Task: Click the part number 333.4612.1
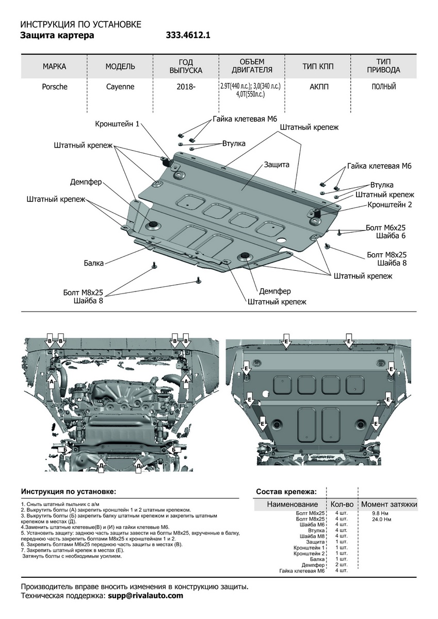(188, 36)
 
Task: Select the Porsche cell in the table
(54, 87)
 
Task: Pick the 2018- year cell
(186, 87)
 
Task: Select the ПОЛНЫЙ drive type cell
(384, 87)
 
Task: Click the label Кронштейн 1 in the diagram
(117, 124)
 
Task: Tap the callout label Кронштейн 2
(390, 204)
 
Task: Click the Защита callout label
(277, 165)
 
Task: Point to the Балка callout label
(94, 263)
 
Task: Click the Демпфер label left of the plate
(86, 182)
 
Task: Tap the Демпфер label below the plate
(274, 291)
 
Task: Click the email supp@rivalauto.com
(145, 596)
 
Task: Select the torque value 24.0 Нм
(381, 519)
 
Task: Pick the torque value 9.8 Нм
(380, 514)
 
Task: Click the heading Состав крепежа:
(286, 492)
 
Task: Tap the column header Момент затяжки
(389, 504)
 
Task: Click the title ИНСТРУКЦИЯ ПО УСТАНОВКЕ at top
(80, 25)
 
